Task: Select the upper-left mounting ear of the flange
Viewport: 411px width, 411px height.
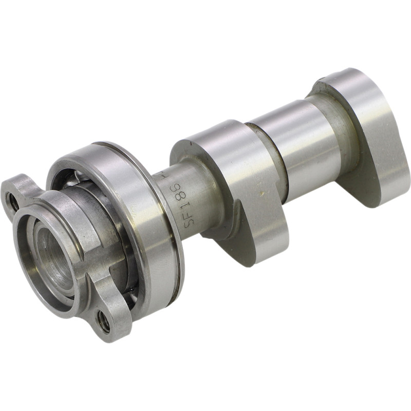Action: (x=21, y=190)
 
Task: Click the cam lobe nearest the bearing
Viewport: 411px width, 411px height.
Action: (x=241, y=175)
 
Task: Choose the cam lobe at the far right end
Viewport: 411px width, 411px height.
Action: (x=370, y=128)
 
